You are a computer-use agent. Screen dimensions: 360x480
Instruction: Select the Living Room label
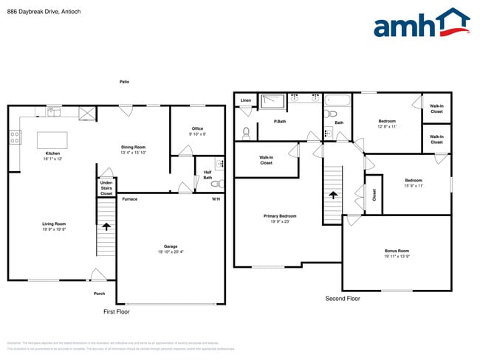pyautogui.click(x=54, y=226)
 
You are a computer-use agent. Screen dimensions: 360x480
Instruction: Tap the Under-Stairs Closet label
pyautogui.click(x=106, y=187)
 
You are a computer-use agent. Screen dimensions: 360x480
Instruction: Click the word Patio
pyautogui.click(x=124, y=81)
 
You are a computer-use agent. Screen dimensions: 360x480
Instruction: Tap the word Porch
pyautogui.click(x=99, y=294)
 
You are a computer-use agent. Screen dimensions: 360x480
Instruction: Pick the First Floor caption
pyautogui.click(x=116, y=312)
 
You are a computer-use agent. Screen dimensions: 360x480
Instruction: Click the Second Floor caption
pyautogui.click(x=343, y=299)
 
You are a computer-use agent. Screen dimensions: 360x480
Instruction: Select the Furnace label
pyautogui.click(x=129, y=199)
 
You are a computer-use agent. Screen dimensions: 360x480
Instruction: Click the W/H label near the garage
pyautogui.click(x=216, y=199)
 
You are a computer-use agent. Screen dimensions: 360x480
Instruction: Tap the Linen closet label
pyautogui.click(x=245, y=100)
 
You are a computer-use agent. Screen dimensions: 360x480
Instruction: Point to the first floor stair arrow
pyautogui.click(x=106, y=228)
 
